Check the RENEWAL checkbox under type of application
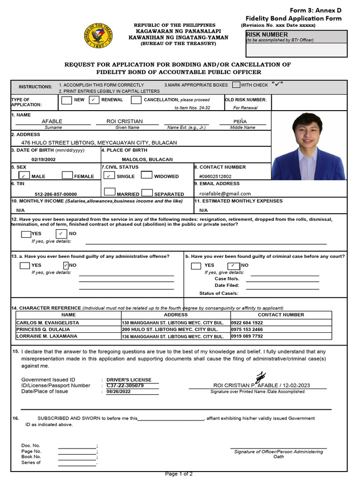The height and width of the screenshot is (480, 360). click(94, 100)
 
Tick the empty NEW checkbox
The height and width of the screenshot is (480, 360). click(67, 100)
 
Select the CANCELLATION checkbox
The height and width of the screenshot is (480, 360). click(136, 100)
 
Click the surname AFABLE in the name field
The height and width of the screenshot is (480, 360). click(52, 121)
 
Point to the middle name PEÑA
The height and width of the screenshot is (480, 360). click(240, 121)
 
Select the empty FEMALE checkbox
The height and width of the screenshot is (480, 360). click(67, 176)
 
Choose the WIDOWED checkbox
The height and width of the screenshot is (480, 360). click(146, 176)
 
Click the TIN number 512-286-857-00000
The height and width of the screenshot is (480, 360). click(56, 194)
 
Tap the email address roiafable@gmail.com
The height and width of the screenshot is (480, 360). click(225, 194)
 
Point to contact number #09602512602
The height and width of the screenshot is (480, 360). click(215, 177)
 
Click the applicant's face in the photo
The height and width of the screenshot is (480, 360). click(307, 132)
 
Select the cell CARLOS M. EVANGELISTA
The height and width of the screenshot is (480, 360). click(48, 323)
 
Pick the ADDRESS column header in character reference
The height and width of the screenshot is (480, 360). click(176, 315)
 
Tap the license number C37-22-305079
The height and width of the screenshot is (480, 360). click(125, 386)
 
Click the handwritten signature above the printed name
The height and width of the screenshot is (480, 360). click(260, 376)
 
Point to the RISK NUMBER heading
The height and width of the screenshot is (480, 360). click(267, 35)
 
